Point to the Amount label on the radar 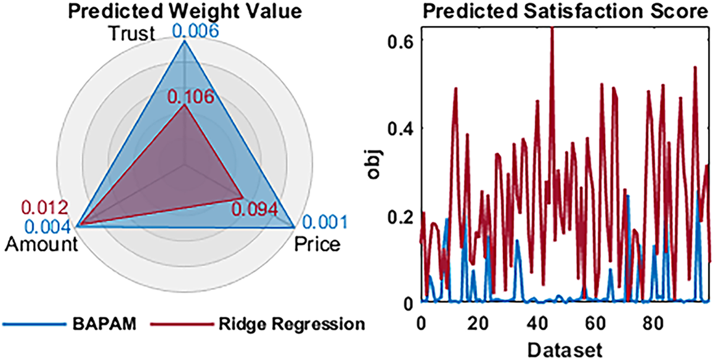click(40, 245)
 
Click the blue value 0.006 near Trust click(194, 29)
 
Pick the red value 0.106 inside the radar click(190, 97)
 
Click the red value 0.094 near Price click(255, 210)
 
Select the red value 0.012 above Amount click(45, 209)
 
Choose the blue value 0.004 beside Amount click(45, 226)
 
